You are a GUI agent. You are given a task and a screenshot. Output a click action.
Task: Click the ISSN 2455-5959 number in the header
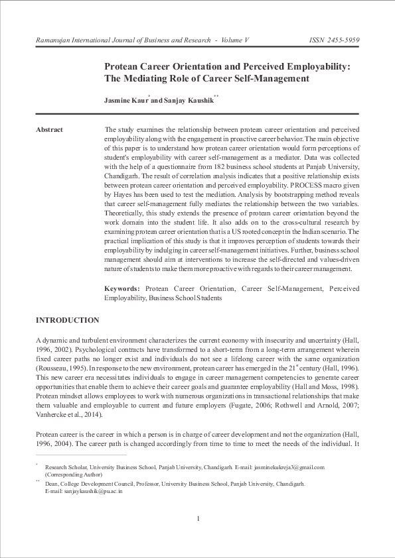[335, 40]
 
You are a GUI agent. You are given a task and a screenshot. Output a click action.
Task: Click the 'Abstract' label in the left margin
[49, 129]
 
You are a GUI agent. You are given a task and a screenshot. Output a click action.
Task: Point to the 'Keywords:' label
[122, 289]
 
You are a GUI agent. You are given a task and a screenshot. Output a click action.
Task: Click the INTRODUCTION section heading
[67, 320]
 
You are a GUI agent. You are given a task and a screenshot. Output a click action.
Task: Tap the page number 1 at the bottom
[198, 518]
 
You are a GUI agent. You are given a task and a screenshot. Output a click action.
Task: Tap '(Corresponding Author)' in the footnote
[74, 474]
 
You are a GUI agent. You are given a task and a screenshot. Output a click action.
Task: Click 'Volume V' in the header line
[232, 40]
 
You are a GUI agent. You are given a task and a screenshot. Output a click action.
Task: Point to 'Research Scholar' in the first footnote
[65, 467]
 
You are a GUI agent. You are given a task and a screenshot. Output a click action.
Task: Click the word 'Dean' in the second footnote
[51, 484]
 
